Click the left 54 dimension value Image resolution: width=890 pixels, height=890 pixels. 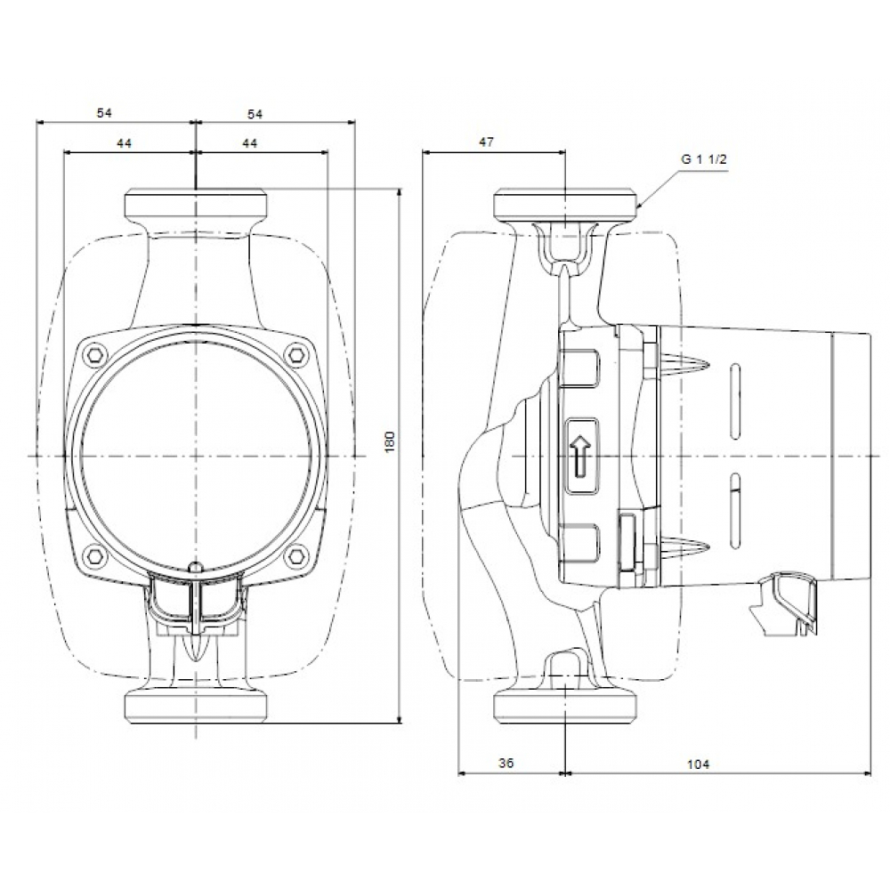[105, 113]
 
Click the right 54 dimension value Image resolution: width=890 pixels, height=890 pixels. [255, 113]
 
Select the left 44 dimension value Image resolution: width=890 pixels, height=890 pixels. [124, 143]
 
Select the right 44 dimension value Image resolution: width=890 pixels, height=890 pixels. [249, 143]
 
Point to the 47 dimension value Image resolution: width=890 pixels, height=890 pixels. [486, 142]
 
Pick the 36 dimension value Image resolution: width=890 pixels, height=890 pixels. [506, 764]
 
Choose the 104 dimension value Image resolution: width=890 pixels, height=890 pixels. [700, 764]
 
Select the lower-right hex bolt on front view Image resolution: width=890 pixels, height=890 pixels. [296, 557]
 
